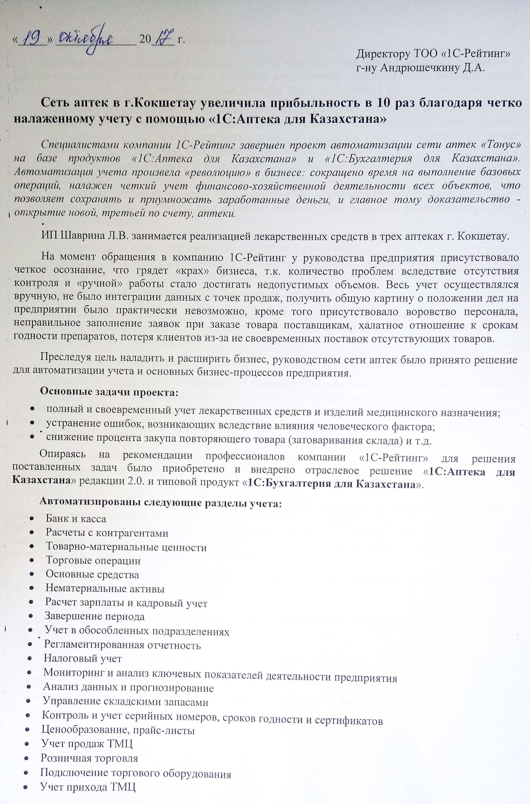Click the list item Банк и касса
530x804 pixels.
(76, 519)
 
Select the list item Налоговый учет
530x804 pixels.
(83, 658)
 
